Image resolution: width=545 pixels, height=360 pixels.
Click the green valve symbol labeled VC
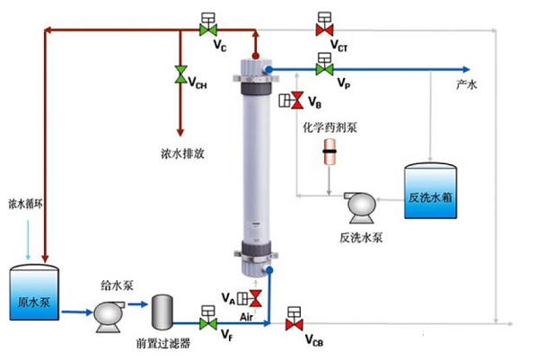click(x=207, y=30)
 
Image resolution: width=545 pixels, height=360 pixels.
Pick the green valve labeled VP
click(x=323, y=69)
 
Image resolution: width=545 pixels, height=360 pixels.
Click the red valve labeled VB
click(x=298, y=101)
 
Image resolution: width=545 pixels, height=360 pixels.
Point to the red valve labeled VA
click(x=254, y=297)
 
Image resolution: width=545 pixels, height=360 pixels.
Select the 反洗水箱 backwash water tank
click(x=434, y=191)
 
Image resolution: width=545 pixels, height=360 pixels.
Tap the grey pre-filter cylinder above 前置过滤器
click(x=163, y=312)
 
